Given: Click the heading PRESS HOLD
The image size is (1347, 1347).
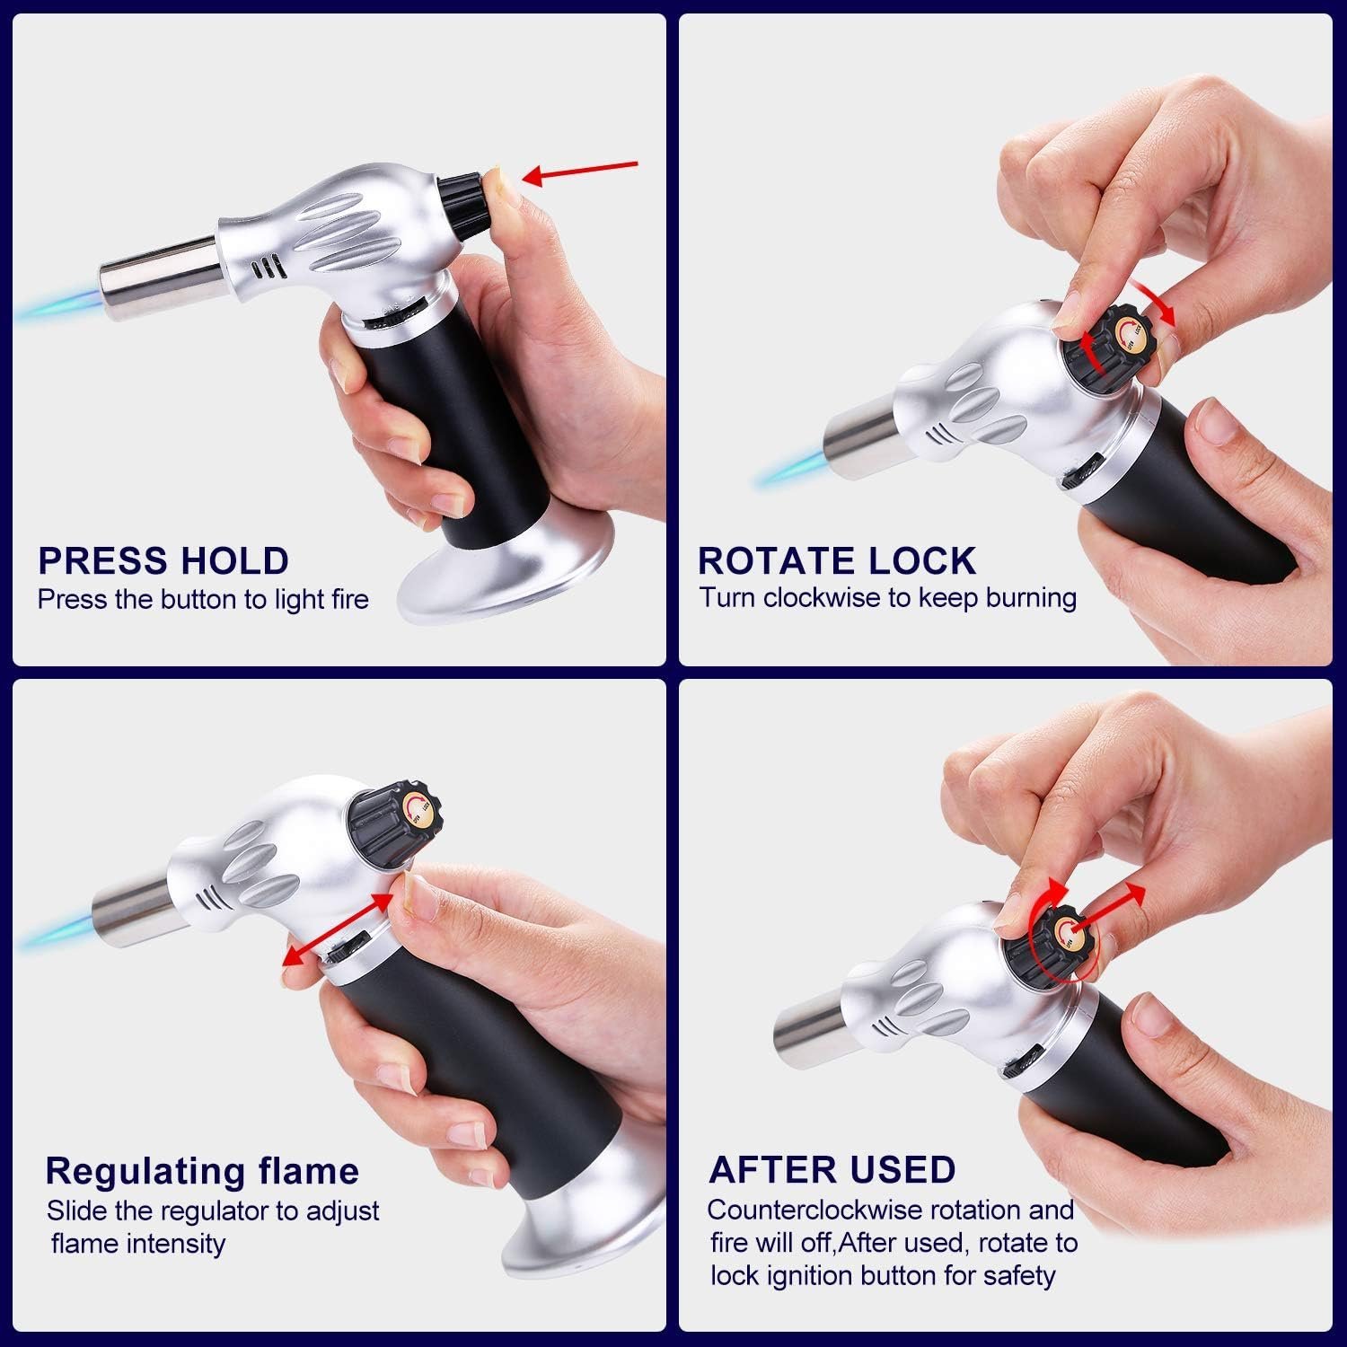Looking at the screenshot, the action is click(x=163, y=560).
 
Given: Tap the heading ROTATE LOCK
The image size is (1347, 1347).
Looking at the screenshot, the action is click(x=837, y=560).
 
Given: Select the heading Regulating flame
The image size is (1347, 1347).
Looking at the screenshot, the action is click(x=202, y=1171).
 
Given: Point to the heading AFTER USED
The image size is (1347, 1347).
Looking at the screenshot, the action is click(x=832, y=1169).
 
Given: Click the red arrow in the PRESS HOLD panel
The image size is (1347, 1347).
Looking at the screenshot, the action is click(x=580, y=171).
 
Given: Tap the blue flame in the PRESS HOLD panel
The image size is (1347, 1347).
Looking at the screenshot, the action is click(x=57, y=305).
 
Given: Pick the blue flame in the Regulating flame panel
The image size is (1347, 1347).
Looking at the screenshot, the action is click(x=57, y=926).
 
